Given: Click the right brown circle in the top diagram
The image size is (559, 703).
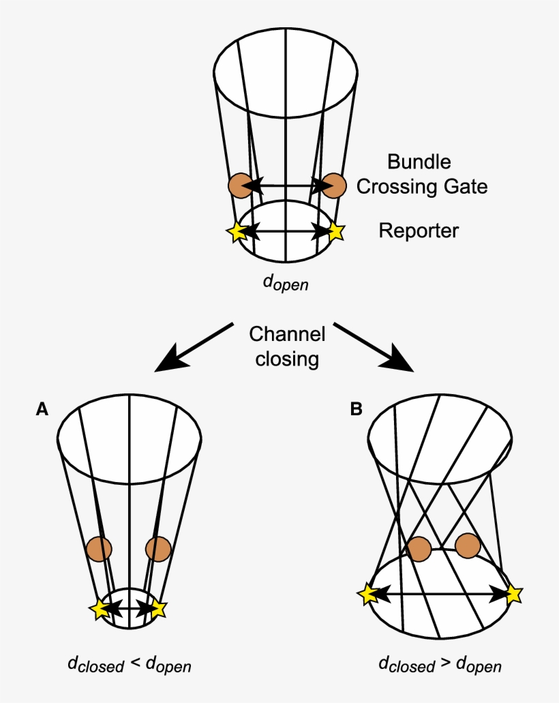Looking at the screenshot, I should (x=334, y=185).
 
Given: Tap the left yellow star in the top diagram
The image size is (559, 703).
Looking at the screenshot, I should (x=237, y=232).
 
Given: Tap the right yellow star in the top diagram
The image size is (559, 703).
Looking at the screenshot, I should (x=335, y=232).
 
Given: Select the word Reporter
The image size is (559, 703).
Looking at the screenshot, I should (x=419, y=230).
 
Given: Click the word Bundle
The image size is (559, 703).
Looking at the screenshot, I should (x=419, y=162).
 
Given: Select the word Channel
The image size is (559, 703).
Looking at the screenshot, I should (x=286, y=334).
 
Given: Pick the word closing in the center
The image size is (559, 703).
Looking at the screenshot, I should (x=286, y=359).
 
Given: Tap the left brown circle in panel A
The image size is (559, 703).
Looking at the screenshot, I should (x=100, y=549).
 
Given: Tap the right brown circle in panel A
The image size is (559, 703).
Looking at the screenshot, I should (x=158, y=549).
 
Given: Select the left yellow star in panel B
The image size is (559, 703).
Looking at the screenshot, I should (x=367, y=595).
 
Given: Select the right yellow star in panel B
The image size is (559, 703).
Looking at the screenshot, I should (x=513, y=595).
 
